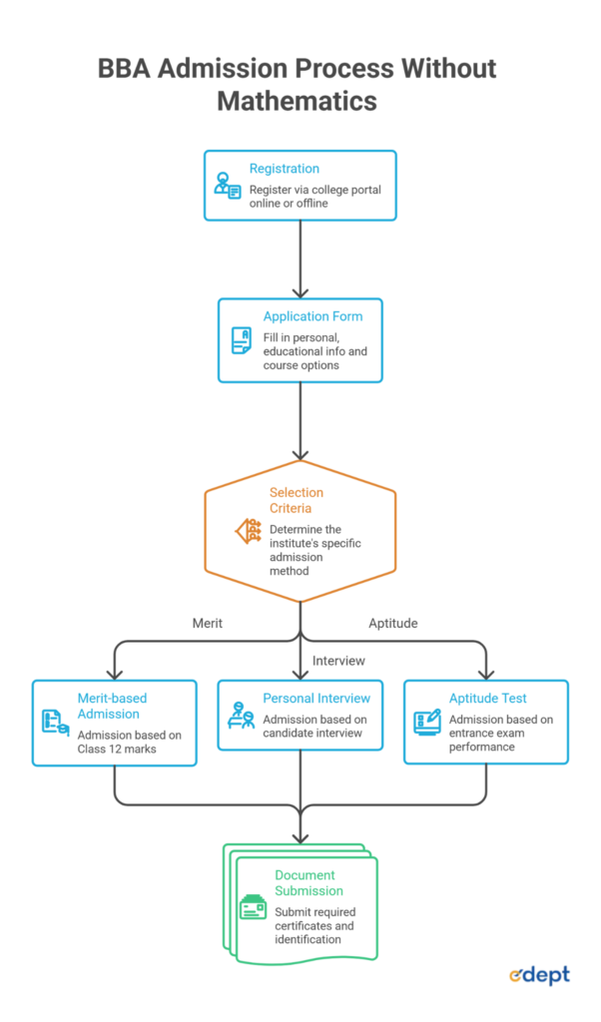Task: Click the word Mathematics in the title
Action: tap(297, 101)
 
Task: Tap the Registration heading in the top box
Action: tap(285, 168)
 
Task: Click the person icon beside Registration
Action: tap(228, 185)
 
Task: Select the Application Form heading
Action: tap(312, 316)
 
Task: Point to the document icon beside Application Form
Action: tap(242, 340)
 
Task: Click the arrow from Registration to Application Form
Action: tap(300, 259)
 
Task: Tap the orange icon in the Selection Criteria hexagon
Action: tap(248, 531)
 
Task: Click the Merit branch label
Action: tap(208, 623)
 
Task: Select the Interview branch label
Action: tap(338, 661)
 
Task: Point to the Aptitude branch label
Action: tap(393, 623)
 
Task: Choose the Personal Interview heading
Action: tap(316, 698)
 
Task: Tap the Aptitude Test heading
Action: tap(487, 698)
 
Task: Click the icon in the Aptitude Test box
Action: tap(427, 723)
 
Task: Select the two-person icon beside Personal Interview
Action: tap(241, 715)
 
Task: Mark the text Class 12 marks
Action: tap(117, 749)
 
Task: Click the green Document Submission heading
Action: tap(308, 882)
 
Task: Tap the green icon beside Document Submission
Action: tap(253, 906)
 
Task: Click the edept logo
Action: tap(540, 975)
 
